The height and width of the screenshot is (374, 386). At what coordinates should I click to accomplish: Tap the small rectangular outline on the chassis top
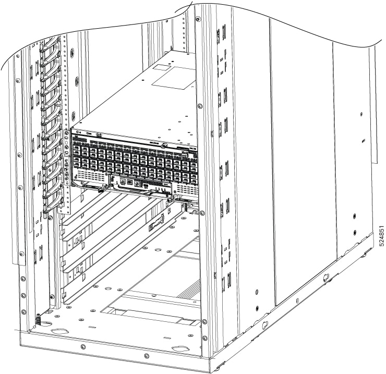click(166, 66)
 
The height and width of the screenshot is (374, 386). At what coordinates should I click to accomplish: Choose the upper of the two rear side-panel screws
click(355, 215)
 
